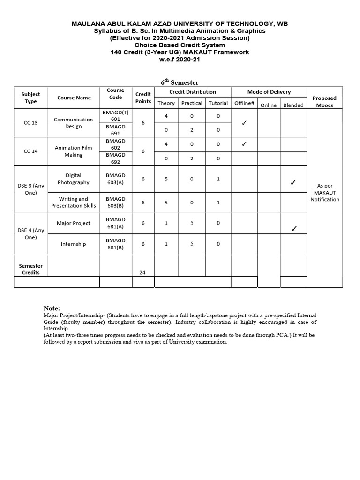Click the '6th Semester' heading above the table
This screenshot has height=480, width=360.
click(180, 82)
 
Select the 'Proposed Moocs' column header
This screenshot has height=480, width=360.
click(324, 102)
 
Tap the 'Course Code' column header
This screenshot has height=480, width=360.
click(115, 94)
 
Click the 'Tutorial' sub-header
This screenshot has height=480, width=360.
click(218, 103)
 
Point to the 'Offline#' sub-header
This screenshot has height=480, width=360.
click(244, 103)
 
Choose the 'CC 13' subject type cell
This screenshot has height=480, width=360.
click(31, 123)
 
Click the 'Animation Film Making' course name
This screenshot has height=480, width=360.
click(74, 151)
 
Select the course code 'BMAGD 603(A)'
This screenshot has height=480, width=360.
click(115, 179)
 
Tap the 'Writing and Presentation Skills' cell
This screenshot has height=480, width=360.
click(74, 202)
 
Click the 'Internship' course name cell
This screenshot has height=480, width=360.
click(74, 244)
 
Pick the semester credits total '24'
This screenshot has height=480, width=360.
click(142, 272)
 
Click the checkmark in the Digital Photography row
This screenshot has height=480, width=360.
click(293, 182)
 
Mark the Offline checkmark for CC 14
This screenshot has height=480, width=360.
click(244, 144)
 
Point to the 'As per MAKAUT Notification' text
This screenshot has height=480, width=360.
click(325, 193)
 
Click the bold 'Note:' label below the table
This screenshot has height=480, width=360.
click(52, 308)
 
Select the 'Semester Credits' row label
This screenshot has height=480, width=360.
click(30, 269)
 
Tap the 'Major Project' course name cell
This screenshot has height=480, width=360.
click(74, 223)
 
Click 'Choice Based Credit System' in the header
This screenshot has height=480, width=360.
click(180, 45)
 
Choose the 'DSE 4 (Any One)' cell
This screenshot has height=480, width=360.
click(31, 233)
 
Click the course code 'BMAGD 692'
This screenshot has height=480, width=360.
click(115, 158)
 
